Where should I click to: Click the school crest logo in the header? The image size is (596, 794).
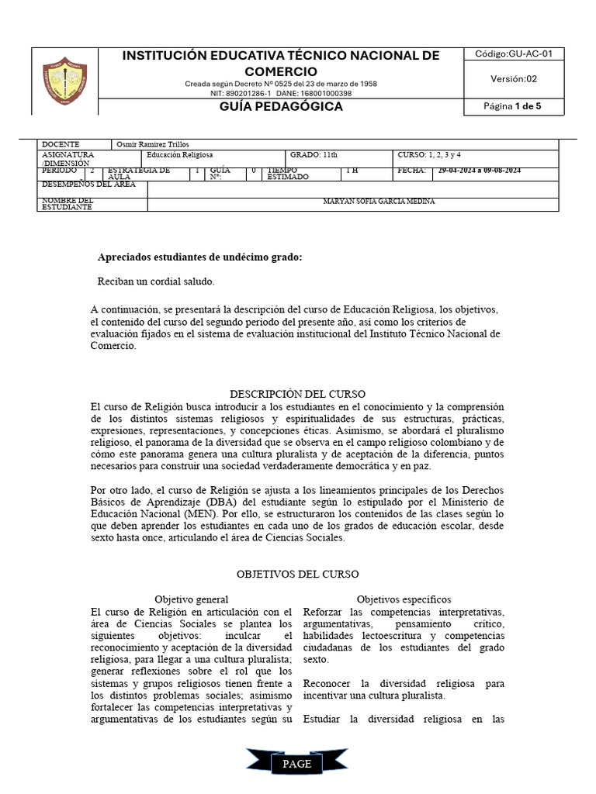[64, 81]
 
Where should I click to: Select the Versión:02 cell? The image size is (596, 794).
[513, 78]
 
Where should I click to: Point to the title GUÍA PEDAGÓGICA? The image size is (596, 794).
[281, 106]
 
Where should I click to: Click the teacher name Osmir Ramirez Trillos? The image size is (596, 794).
[152, 144]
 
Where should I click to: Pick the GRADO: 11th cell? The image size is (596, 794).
[314, 155]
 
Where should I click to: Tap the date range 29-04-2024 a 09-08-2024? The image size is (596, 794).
[479, 171]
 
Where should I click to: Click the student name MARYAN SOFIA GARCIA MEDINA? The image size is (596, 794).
[379, 202]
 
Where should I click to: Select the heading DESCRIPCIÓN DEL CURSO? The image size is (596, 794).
[297, 394]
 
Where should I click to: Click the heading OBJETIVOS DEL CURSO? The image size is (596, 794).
[297, 575]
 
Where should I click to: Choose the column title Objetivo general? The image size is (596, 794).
[191, 599]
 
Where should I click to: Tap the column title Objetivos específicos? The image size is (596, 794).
[404, 599]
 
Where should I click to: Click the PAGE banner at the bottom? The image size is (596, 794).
[297, 764]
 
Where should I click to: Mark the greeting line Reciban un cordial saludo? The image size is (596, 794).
[156, 281]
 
